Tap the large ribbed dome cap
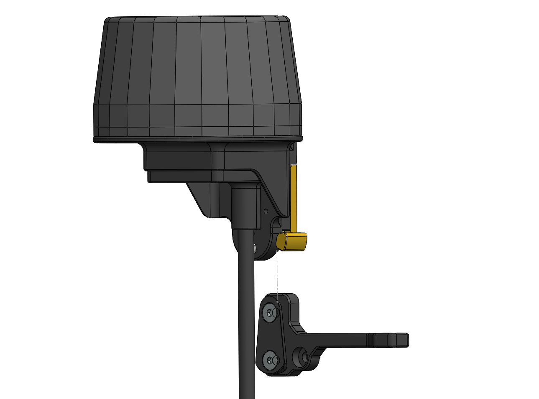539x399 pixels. click(197, 75)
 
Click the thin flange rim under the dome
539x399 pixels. click(197, 138)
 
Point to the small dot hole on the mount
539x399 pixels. click(265, 211)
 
